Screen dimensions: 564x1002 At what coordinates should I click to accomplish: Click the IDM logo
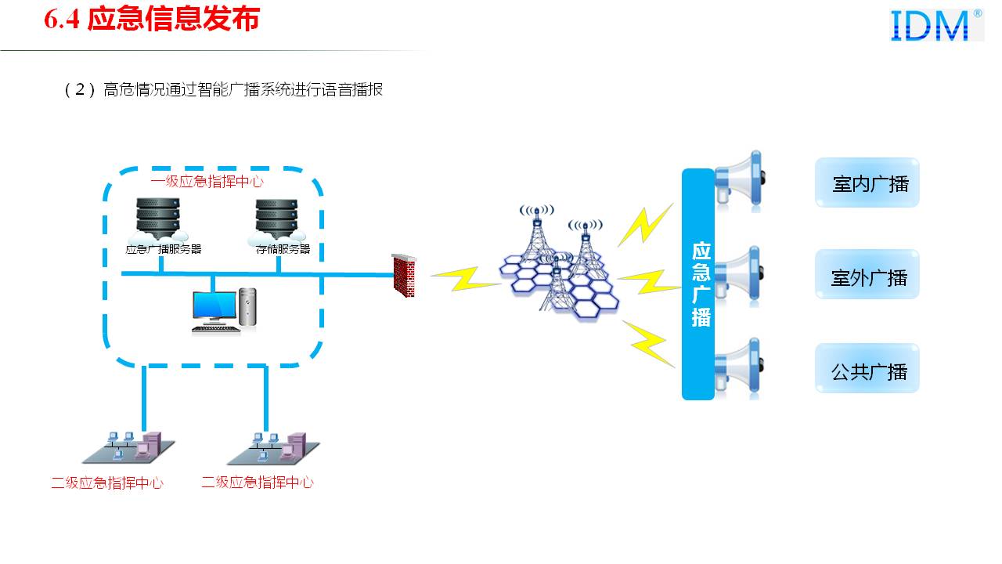[936, 25]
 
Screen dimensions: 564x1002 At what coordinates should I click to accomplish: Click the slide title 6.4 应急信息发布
[151, 20]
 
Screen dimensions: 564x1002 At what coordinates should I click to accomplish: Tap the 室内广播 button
[867, 183]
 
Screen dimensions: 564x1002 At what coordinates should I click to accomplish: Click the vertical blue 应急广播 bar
[698, 284]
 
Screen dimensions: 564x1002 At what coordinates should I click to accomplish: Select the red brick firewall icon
[404, 276]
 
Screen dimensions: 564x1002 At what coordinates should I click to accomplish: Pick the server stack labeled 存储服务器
[279, 219]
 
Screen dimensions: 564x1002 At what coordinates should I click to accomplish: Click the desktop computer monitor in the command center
[214, 309]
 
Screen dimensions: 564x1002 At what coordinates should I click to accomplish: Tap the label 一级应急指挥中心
[207, 181]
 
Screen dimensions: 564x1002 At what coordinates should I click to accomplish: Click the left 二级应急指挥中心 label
[107, 483]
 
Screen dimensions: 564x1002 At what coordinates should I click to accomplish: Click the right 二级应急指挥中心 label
[258, 483]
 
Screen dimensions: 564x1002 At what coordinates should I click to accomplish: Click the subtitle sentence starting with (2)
[224, 89]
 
